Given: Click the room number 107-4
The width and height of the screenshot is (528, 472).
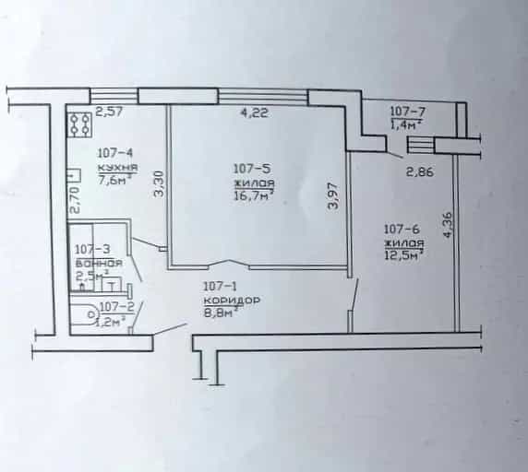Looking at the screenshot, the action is click(115, 153).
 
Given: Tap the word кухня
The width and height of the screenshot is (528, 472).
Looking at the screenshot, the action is click(117, 167).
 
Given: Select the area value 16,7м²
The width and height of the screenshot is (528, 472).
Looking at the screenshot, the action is click(254, 196).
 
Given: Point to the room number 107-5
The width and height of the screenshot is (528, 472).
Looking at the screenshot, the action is click(252, 168).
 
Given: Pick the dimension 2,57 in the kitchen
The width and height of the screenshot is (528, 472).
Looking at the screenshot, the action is click(110, 112).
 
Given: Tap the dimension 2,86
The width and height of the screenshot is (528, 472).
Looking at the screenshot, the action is click(420, 172).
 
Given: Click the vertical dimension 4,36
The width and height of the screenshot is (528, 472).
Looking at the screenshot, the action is click(448, 225).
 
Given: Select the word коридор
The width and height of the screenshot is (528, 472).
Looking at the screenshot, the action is click(232, 301).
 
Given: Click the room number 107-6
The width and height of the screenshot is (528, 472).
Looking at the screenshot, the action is click(402, 230).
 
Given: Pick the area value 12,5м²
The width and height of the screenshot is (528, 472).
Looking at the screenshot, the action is click(403, 254).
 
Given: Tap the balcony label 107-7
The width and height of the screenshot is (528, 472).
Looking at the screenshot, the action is click(407, 111).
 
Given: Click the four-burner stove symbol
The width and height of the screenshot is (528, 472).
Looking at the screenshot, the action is click(79, 124).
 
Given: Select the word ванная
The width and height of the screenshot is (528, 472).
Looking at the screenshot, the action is click(99, 264).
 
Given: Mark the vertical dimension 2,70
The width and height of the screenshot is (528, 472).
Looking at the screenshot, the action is click(75, 200).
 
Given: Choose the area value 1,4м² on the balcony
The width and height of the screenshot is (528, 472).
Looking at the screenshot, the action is click(406, 125).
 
